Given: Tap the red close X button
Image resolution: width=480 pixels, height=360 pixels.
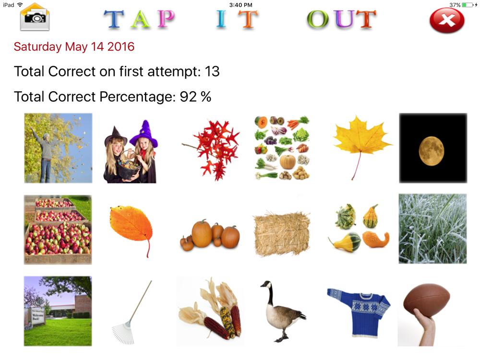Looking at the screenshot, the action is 447,20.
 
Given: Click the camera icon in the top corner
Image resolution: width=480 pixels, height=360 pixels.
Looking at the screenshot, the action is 35,17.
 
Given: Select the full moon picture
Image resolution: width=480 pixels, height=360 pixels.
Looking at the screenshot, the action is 433,148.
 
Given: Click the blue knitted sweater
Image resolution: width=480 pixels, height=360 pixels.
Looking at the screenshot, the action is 359,312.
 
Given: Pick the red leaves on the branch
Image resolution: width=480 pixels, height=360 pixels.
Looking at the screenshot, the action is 214,150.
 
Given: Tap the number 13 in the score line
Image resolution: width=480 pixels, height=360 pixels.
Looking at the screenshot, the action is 212,72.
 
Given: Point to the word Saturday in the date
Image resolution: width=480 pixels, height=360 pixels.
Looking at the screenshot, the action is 37,47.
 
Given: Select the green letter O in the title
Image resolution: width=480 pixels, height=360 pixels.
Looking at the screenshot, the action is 318,19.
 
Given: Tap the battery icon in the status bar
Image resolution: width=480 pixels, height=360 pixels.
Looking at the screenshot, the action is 468,5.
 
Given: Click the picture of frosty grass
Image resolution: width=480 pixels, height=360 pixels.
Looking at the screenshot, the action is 432,228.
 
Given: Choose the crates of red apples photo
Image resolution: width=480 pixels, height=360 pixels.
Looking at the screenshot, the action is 58,229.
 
